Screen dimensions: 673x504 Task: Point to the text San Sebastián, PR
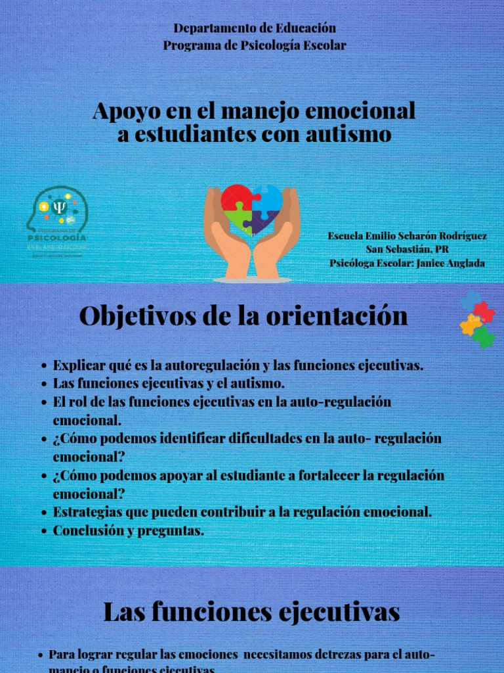(x=407, y=249)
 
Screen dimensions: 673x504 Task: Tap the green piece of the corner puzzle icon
(x=484, y=336)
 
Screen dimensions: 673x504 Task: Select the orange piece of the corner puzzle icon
(x=470, y=324)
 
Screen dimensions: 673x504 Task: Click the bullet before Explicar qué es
(x=43, y=366)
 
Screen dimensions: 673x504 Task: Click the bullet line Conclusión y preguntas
(x=128, y=530)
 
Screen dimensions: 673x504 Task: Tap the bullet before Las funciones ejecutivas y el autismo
(x=43, y=384)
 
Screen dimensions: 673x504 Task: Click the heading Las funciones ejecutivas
(x=251, y=613)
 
